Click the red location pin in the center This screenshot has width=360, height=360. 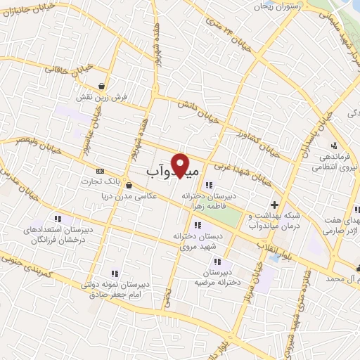181,165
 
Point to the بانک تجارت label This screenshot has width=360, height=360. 124,180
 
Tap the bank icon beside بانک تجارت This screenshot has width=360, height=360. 100,170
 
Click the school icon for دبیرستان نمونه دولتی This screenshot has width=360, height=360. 112,274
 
